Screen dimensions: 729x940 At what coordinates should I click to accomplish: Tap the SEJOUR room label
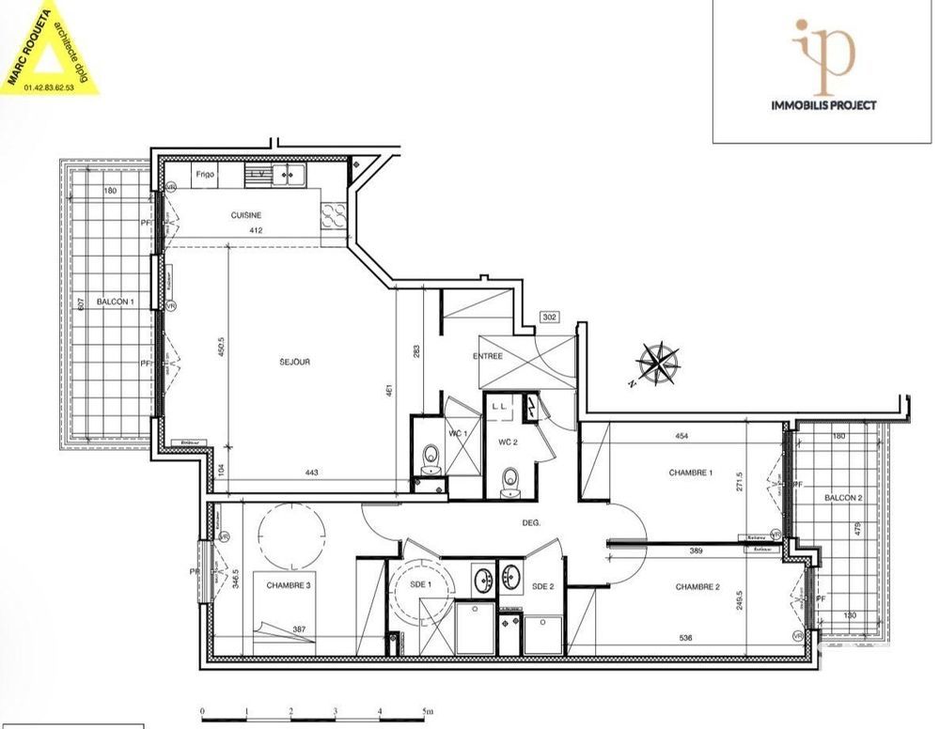click(x=294, y=362)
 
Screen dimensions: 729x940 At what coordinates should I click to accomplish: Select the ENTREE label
click(x=488, y=356)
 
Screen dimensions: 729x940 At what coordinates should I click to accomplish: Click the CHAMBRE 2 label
click(x=697, y=587)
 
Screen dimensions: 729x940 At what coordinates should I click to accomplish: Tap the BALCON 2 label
click(x=843, y=498)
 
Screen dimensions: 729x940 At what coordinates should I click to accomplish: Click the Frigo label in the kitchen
click(x=206, y=175)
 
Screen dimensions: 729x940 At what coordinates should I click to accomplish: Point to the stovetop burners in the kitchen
click(x=333, y=217)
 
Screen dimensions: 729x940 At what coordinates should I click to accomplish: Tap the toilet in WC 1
click(x=431, y=458)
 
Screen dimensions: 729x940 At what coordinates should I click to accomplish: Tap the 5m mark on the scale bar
click(x=427, y=711)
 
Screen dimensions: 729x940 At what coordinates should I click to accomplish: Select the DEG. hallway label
click(x=531, y=524)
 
